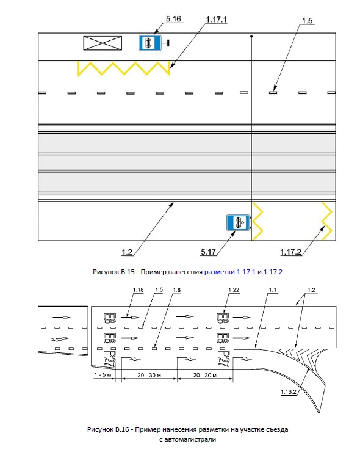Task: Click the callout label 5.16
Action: (173, 19)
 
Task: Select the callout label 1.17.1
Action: (216, 20)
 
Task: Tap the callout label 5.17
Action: (208, 252)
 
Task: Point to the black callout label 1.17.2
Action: (290, 252)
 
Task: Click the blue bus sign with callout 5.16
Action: (150, 43)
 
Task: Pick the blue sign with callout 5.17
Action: (238, 222)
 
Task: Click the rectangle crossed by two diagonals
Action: (103, 43)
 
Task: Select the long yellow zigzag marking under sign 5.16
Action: (124, 68)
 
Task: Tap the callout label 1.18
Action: (138, 289)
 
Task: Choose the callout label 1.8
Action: (176, 289)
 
